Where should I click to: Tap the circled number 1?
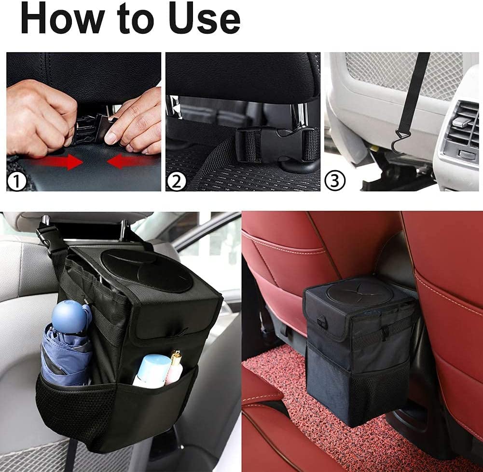17,182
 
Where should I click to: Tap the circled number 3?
335,181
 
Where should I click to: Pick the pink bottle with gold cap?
175,369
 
